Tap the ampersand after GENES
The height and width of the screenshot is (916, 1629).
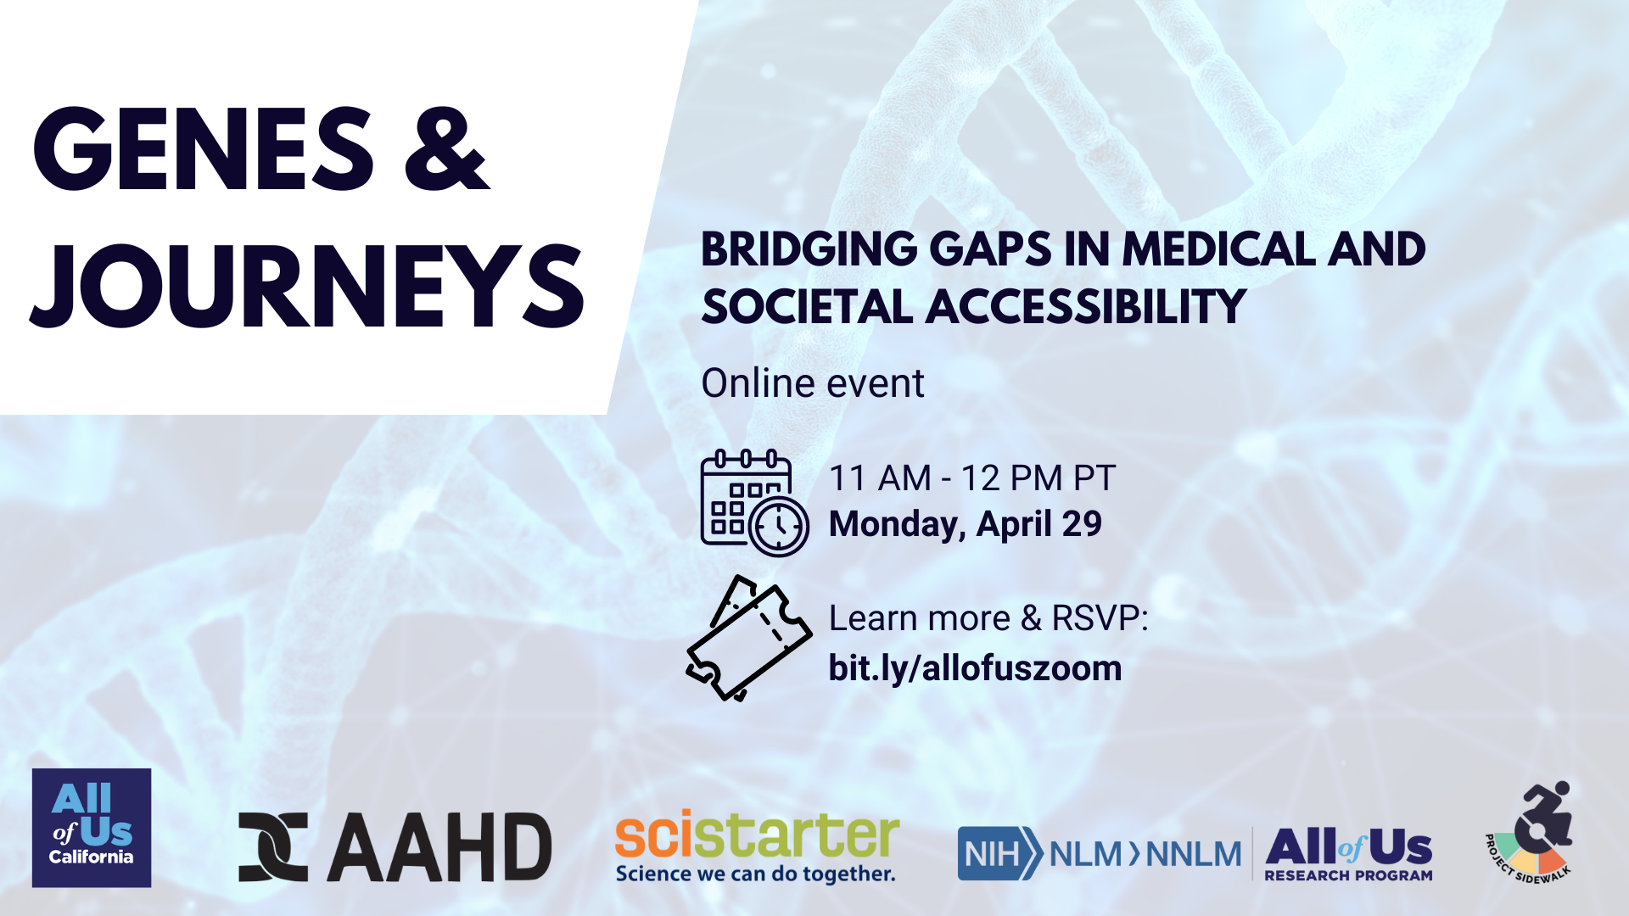coord(447,149)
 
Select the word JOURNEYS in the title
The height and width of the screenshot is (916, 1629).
coord(307,286)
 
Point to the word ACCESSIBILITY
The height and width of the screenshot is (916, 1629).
coord(1086,306)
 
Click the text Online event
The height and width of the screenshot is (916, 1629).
coord(813,383)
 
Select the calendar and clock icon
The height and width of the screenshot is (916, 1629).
coord(754,503)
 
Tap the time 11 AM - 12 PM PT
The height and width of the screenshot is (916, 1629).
coord(972,478)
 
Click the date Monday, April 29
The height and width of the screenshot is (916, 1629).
coord(966,525)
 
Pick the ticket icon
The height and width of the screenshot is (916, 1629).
coord(748,639)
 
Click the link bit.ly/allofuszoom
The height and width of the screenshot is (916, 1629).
coord(975,668)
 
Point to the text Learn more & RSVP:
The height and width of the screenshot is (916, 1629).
coord(988,618)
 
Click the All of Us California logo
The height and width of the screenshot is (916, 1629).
coord(92,828)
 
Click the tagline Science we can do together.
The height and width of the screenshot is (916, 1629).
coord(756,874)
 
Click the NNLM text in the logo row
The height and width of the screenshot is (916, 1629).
coord(1194,854)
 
